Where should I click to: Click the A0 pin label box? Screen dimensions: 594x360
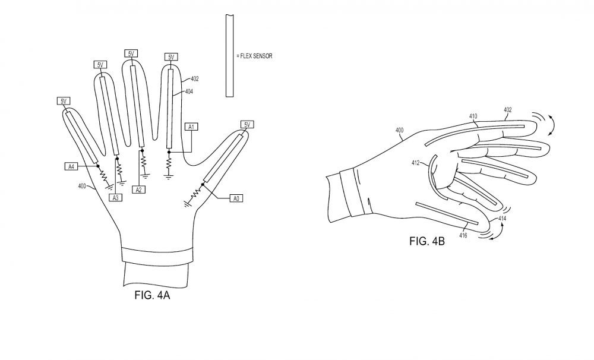coord(236,198)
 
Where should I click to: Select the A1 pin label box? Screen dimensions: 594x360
coord(191,127)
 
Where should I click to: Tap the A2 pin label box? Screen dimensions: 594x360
coord(138,190)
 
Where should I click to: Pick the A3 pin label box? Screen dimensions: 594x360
coord(116,197)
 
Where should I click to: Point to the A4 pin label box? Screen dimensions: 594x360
coord(71,166)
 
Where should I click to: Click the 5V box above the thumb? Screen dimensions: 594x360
coord(247,125)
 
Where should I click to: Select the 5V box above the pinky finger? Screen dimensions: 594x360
coord(64,101)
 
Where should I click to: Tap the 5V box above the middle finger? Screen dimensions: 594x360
coord(131,53)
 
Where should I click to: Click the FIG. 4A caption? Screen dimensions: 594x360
coord(152,295)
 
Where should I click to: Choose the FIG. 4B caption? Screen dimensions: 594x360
coord(426,241)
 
